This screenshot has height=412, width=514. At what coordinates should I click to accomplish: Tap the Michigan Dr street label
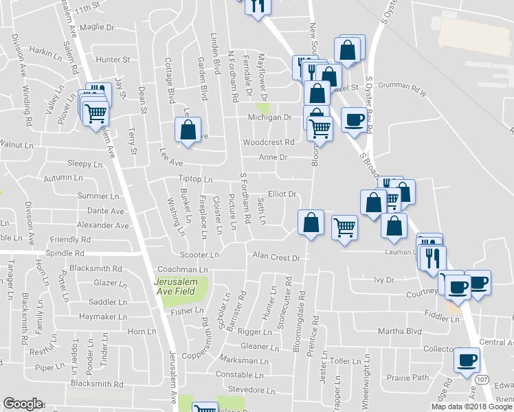pyautogui.click(x=270, y=117)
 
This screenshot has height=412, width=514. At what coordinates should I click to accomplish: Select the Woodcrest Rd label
pyautogui.click(x=269, y=142)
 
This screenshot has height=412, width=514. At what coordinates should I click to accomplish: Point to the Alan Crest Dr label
pyautogui.click(x=277, y=258)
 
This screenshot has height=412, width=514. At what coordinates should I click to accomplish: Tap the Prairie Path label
pyautogui.click(x=411, y=377)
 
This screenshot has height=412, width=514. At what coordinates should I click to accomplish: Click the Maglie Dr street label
pyautogui.click(x=97, y=27)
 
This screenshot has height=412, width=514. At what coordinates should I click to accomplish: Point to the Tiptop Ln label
pyautogui.click(x=195, y=179)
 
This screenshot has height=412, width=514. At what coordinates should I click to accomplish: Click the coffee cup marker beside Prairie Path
pyautogui.click(x=467, y=359)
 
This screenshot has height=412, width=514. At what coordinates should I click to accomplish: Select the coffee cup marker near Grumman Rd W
pyautogui.click(x=354, y=119)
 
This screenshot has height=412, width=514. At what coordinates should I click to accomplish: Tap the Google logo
pyautogui.click(x=23, y=404)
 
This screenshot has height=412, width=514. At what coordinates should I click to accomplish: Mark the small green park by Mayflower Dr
pyautogui.click(x=262, y=107)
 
